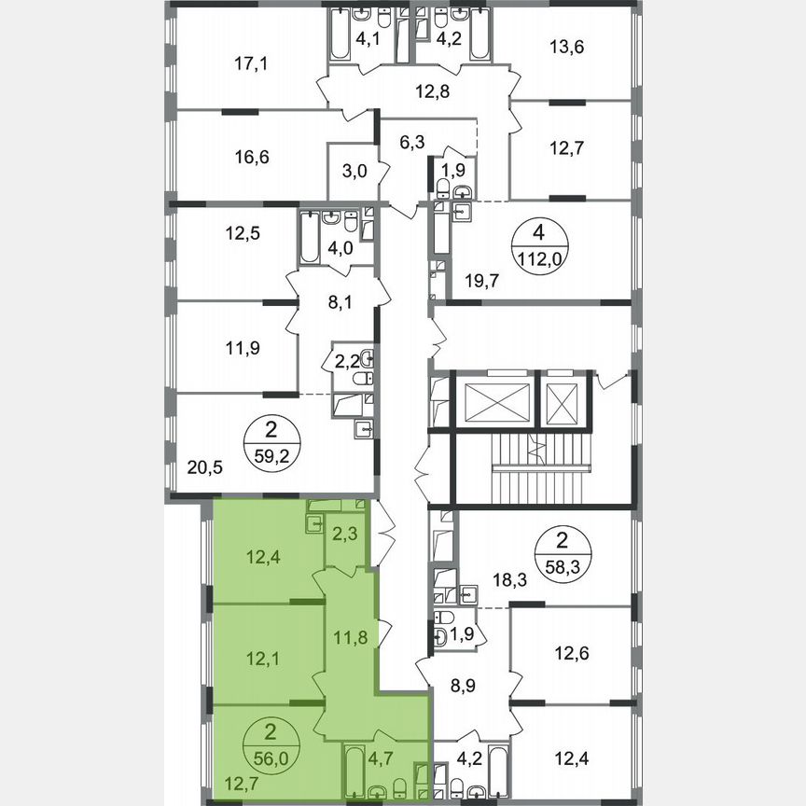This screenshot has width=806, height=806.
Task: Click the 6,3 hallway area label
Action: [411, 143]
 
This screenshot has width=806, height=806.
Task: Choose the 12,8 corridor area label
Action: [433, 90]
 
